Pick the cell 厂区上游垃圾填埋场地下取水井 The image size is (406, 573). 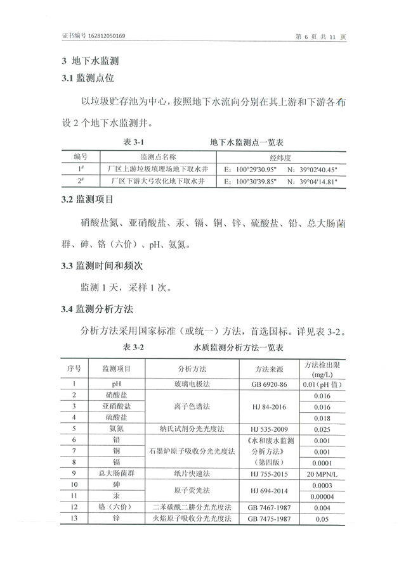[157, 170]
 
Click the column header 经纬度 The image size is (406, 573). [280, 157]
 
